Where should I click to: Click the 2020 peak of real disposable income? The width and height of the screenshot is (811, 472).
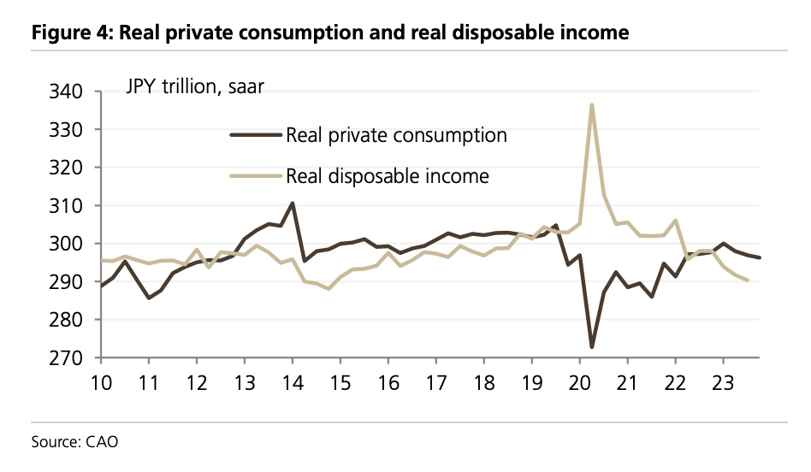592,105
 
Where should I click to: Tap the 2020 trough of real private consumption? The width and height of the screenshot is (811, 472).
592,346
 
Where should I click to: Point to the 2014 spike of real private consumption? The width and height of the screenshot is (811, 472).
293,204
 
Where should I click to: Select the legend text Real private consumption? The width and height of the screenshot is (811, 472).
396,135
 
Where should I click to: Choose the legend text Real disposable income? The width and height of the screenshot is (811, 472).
388,176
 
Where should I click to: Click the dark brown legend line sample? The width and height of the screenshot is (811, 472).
255,135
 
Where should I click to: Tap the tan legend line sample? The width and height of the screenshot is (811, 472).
255,176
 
